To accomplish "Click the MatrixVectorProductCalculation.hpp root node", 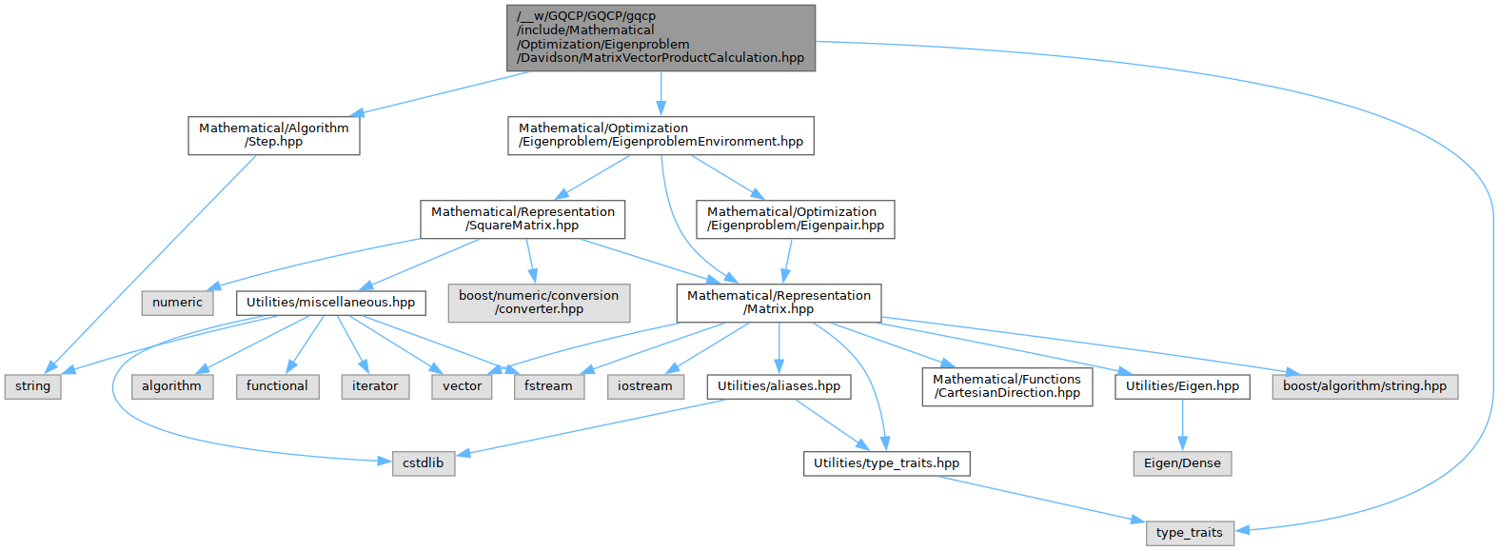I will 661,37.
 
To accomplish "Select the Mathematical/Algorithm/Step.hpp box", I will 274,135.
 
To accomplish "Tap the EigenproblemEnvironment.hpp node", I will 661,135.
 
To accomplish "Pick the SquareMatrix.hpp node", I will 523,219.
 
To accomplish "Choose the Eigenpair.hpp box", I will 795,219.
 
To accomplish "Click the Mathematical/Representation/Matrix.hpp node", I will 779,303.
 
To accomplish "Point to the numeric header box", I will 177,303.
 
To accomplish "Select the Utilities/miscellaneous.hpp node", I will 330,303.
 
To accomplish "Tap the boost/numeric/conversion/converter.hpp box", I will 539,303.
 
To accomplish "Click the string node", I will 32,386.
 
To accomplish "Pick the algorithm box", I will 171,386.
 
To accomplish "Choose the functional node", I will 277,386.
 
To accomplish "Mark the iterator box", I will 375,386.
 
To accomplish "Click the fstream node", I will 548,386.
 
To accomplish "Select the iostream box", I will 644,386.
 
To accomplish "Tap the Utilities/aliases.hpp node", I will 779,386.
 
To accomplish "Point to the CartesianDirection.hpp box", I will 1006,386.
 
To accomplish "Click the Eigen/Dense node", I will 1182,463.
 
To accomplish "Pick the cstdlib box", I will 423,463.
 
